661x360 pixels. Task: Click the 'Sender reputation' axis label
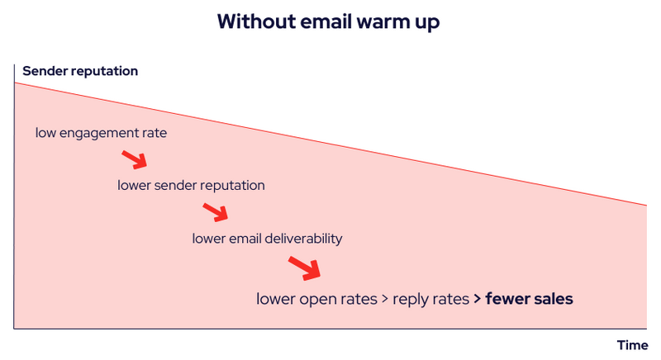[x=80, y=71]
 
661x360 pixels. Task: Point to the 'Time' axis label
[x=632, y=344]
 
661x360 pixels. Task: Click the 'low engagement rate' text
[x=101, y=132]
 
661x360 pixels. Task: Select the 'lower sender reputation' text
[x=191, y=185]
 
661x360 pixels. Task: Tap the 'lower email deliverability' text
[x=267, y=239]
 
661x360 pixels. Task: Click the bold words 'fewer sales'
[x=529, y=298]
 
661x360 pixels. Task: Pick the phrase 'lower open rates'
[x=316, y=298]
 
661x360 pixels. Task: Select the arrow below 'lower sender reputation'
[x=215, y=212]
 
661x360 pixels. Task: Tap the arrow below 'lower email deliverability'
[x=304, y=268]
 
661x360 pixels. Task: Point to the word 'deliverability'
[x=302, y=239]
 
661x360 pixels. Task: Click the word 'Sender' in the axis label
[x=44, y=71]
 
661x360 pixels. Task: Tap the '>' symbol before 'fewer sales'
[x=478, y=298]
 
